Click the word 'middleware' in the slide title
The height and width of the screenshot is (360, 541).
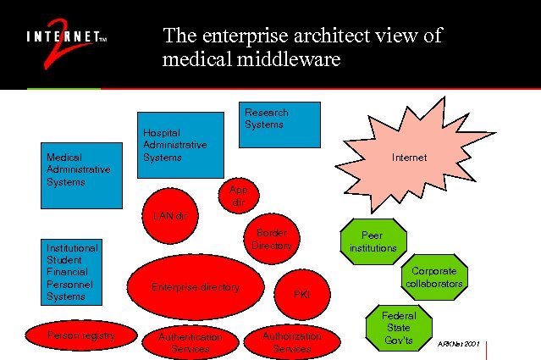click(293, 60)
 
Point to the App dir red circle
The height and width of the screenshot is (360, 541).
click(239, 197)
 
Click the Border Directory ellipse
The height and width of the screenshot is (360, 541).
click(272, 239)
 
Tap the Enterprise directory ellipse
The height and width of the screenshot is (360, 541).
click(196, 287)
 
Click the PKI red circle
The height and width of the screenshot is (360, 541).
click(301, 293)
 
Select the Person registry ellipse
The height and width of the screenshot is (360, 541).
click(81, 336)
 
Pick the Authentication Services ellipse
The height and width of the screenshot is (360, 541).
click(190, 341)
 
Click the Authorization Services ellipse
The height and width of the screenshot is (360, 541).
click(292, 341)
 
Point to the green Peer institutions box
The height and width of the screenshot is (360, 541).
click(373, 241)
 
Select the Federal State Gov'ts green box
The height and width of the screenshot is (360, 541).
click(398, 328)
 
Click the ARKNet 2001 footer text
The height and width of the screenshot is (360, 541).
click(460, 345)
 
